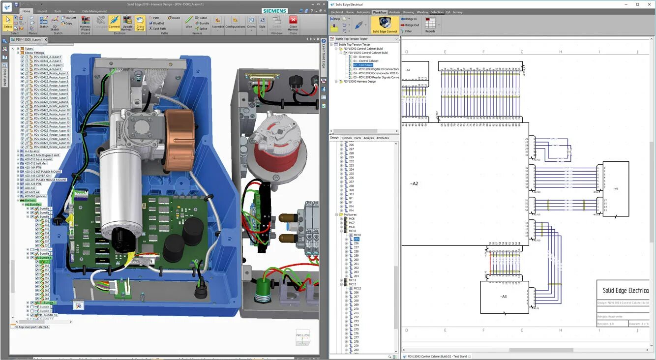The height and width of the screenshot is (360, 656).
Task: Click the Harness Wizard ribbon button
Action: (86, 23)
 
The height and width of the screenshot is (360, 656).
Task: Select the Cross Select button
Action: (140, 23)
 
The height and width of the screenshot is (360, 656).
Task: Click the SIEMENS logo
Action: (275, 11)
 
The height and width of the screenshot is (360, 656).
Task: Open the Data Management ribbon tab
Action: (94, 11)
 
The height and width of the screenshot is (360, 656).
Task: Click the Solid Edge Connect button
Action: (385, 25)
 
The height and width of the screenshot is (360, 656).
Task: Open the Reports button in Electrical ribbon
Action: (430, 25)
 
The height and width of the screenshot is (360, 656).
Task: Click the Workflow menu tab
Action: (379, 12)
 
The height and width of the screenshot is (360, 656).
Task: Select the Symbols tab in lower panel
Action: (346, 138)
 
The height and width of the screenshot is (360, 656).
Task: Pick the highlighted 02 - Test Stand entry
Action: (363, 65)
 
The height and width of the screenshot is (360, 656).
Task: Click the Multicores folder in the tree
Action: (350, 214)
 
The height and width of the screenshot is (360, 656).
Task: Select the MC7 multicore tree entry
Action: (352, 223)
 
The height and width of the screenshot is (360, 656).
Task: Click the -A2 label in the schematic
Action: (414, 184)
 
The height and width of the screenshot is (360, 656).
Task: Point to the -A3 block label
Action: (503, 297)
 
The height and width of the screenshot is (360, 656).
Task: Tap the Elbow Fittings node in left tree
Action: (35, 53)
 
